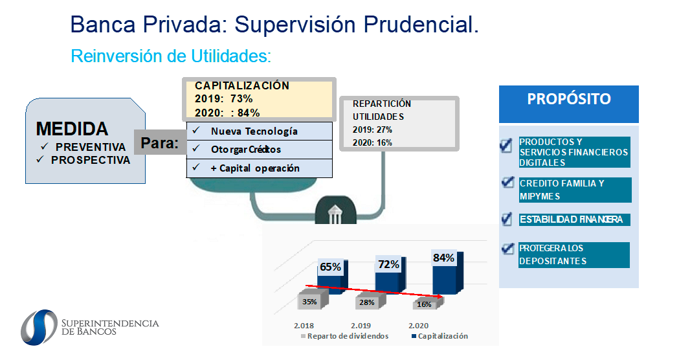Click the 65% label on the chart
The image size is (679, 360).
click(330, 267)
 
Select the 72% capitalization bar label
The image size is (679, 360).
click(388, 264)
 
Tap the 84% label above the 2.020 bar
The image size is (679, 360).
click(443, 258)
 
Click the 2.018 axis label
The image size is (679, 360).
click(304, 325)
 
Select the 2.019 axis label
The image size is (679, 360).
click(361, 325)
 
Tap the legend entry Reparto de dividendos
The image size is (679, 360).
click(345, 336)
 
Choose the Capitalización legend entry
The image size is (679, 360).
click(440, 336)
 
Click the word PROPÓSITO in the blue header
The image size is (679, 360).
click(568, 99)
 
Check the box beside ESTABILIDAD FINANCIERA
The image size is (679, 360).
click(507, 219)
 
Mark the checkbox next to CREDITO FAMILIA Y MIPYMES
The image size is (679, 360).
click(507, 183)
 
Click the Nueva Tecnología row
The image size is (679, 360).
click(260, 131)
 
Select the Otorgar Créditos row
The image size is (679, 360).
click(260, 150)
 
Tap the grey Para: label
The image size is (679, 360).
click(161, 142)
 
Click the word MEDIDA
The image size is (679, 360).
click(72, 129)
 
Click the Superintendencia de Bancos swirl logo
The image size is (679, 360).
click(39, 328)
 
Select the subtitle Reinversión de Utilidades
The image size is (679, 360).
click(171, 56)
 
